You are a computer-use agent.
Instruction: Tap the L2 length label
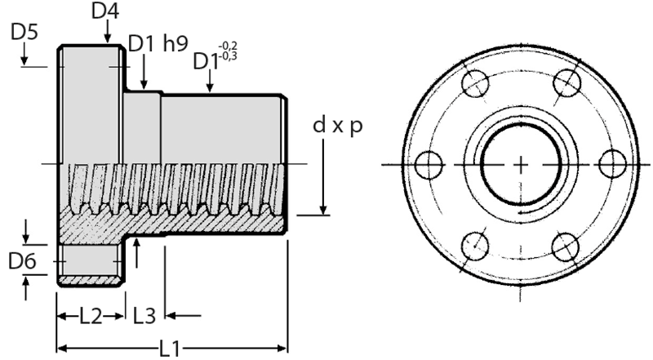(90, 314)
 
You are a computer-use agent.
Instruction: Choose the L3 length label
(145, 314)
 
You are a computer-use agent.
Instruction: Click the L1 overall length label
(171, 349)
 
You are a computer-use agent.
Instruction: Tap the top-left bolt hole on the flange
(474, 83)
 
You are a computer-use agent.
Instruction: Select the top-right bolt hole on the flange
(566, 83)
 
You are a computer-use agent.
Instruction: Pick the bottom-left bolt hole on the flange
(474, 243)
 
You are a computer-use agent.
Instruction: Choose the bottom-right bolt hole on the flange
(566, 243)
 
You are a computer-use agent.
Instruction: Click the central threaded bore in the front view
(520, 163)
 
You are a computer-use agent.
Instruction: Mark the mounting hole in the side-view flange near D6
(90, 261)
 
